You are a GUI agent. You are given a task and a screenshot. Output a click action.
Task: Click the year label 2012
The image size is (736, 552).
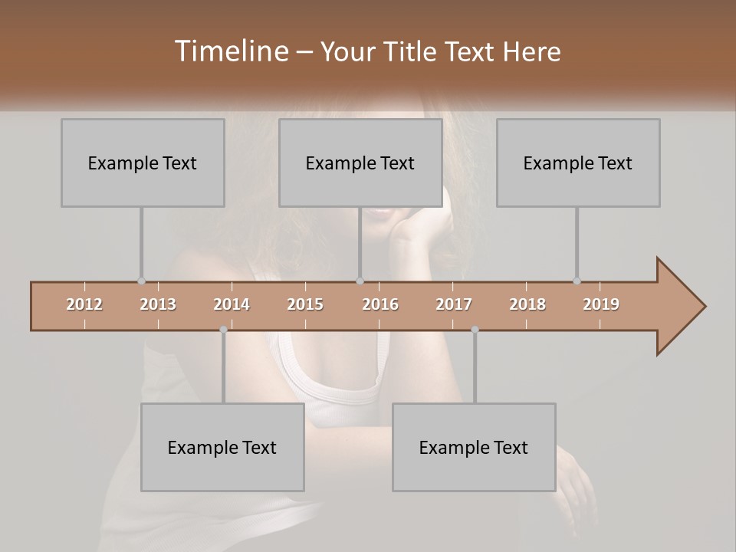[84, 304]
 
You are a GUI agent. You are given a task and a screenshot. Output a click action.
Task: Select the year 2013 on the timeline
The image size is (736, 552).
[158, 304]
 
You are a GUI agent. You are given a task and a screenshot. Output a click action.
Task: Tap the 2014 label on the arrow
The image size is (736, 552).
[232, 304]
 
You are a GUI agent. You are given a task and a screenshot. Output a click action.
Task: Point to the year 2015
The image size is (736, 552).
[305, 304]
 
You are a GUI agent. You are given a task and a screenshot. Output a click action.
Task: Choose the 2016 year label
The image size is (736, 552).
[380, 304]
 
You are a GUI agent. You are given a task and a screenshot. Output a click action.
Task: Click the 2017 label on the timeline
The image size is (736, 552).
[454, 304]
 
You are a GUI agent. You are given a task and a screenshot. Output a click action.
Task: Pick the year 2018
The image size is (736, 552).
[527, 304]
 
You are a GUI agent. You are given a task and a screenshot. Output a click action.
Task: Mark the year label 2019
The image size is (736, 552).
[601, 304]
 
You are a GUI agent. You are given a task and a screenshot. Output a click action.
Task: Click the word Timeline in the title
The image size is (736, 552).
[230, 51]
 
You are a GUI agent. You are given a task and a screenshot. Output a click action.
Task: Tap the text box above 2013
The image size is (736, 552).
[143, 163]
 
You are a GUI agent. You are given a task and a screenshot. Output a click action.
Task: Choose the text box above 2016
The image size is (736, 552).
[360, 163]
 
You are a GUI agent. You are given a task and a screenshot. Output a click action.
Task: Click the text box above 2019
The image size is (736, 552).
[578, 163]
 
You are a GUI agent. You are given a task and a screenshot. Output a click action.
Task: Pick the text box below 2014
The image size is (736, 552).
[222, 447]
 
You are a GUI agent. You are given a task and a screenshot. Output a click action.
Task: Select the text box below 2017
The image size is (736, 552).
[474, 447]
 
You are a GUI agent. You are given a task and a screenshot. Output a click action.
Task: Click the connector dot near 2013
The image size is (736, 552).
[141, 281]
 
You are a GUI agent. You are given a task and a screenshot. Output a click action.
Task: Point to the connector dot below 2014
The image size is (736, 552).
[223, 330]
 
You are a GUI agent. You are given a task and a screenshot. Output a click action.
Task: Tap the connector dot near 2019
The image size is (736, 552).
[577, 281]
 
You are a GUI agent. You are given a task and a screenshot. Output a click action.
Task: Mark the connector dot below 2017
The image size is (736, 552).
[475, 330]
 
